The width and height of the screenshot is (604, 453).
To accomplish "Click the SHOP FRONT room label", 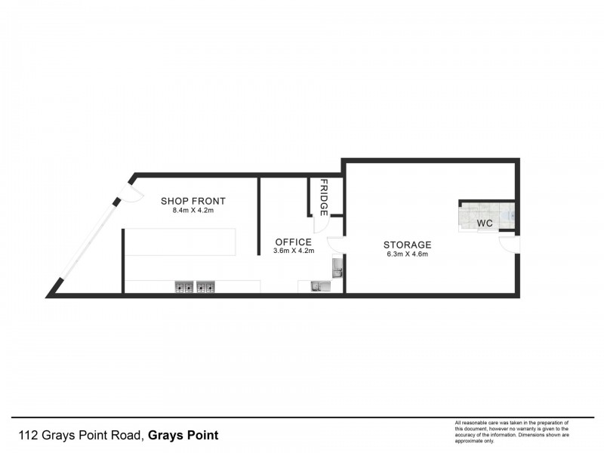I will coord(193,201).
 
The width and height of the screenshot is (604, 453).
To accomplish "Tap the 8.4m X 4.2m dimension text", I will coord(193,211).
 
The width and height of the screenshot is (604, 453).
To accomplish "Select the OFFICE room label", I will coord(294,242).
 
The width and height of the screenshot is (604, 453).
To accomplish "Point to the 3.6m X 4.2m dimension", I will coord(294,251).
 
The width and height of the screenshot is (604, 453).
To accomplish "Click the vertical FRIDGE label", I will coord(324,197).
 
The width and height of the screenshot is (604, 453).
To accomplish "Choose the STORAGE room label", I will coord(407,245).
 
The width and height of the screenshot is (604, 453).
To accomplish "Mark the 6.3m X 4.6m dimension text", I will coord(407,254).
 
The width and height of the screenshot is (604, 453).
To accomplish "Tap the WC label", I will coord(484,223).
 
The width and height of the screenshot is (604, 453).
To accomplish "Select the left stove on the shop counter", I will coord(184,287).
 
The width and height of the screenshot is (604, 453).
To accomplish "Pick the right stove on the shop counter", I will coord(205,287).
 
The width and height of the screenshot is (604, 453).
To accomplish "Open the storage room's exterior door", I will coord(510,244).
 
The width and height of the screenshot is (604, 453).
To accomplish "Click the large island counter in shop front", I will coord(180,242).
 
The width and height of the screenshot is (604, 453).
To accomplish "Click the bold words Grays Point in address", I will coord(183,436).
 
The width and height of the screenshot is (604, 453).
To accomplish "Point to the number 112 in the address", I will coord(27,436).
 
